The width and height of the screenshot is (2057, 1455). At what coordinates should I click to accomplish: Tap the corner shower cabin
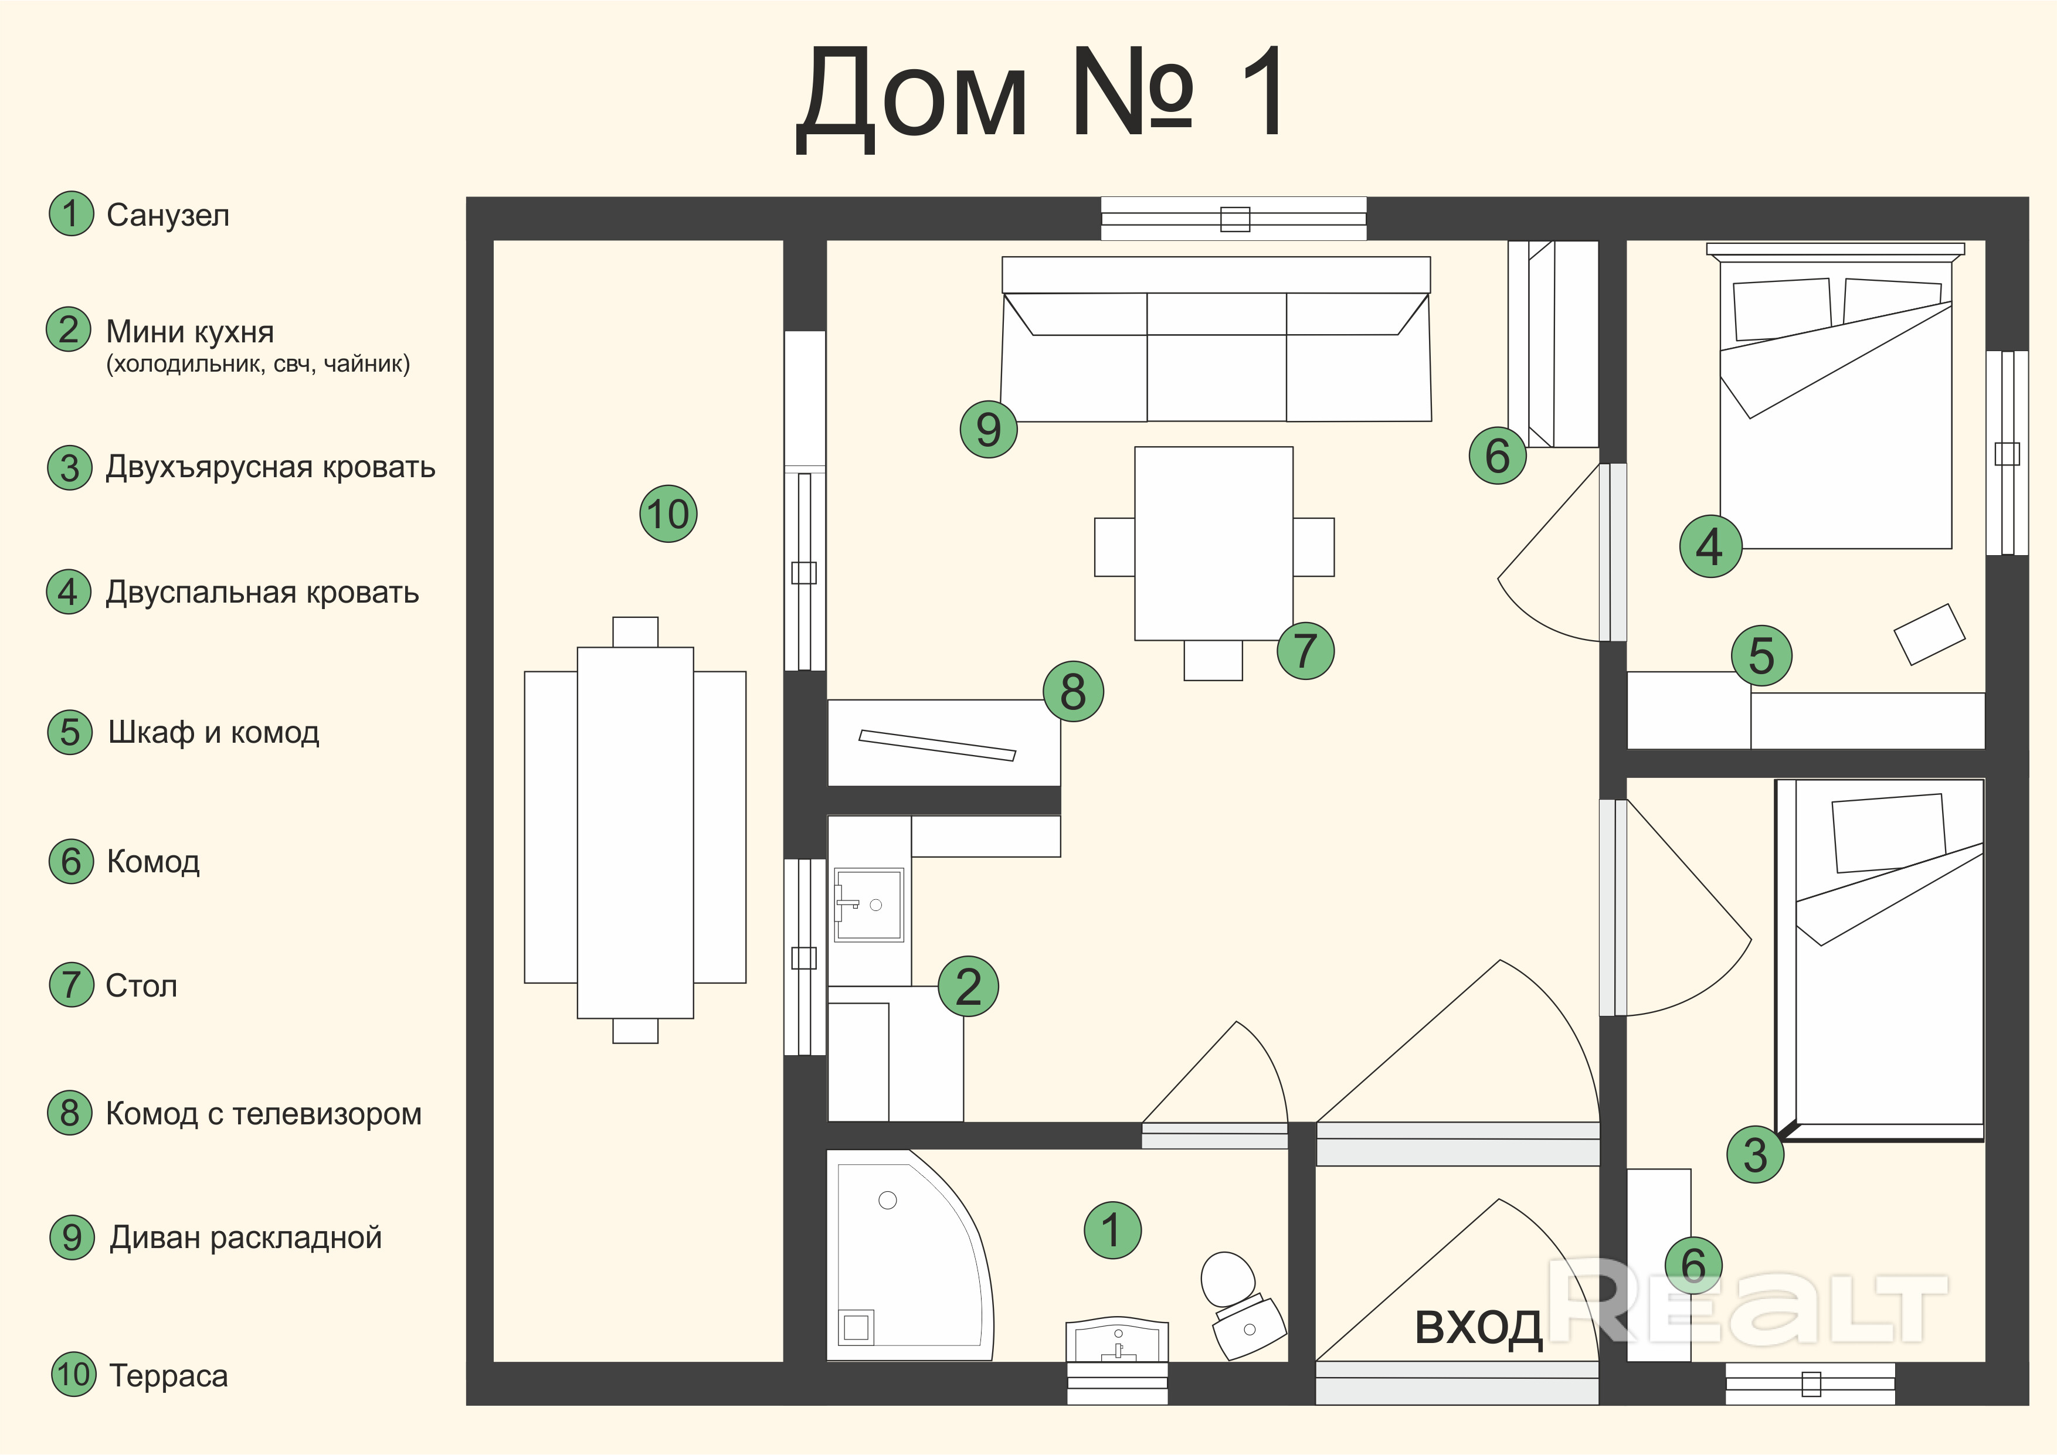click(905, 1255)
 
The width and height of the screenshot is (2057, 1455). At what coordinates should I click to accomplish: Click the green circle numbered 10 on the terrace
click(668, 514)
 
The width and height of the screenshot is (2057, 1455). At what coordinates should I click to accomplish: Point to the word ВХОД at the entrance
click(1478, 1327)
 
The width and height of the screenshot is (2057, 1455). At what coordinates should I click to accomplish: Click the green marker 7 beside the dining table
click(1305, 651)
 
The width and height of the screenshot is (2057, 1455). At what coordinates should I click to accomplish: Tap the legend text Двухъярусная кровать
click(270, 468)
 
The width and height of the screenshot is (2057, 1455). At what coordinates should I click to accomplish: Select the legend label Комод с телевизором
click(263, 1114)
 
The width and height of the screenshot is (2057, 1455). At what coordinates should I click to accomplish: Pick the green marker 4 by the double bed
click(1710, 546)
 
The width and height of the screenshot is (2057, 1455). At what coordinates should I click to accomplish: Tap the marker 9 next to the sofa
click(988, 429)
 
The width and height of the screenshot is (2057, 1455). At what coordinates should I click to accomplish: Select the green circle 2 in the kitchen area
click(968, 987)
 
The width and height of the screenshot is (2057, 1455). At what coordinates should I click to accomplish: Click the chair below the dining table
click(1213, 660)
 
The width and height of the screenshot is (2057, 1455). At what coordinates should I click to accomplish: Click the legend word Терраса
click(168, 1375)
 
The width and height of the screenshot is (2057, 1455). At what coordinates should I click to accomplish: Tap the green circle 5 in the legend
click(70, 732)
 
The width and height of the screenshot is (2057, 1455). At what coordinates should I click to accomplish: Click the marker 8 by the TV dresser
click(1073, 692)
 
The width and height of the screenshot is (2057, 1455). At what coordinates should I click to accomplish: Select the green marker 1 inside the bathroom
click(1112, 1230)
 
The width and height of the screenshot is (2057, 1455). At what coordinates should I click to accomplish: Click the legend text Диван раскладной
click(246, 1238)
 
